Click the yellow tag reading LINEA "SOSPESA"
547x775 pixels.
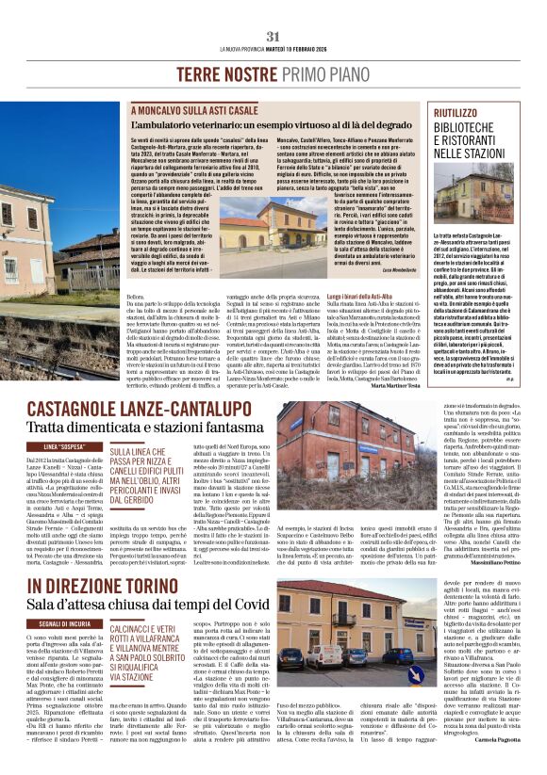(x=64, y=446)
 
